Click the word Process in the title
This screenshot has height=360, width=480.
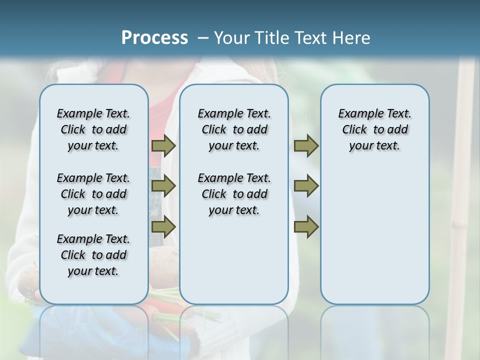154,37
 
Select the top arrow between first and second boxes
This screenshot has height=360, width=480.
163,145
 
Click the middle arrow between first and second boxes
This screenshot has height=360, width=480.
163,186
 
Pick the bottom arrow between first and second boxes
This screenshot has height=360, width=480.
163,226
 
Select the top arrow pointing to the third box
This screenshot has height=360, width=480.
306,145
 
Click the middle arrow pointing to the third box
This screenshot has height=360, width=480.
306,186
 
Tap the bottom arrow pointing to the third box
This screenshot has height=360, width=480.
306,226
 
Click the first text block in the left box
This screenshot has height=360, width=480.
93,129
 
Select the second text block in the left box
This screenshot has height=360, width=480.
93,194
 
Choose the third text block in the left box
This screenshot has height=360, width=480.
93,255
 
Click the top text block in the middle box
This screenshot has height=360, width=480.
234,129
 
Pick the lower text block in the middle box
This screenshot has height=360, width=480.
234,194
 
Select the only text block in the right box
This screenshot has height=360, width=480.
374,129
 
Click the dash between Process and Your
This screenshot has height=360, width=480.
203,38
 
